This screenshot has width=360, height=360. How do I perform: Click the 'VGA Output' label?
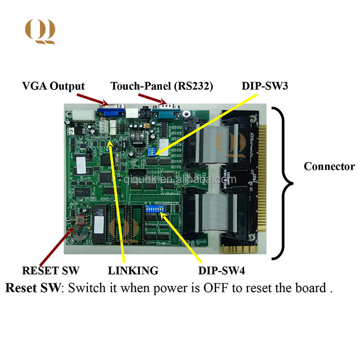53,86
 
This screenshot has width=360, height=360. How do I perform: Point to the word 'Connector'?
329,166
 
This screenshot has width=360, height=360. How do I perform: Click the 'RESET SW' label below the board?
51,270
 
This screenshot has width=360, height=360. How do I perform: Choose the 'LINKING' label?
133,270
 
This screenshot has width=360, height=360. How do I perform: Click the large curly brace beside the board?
281,184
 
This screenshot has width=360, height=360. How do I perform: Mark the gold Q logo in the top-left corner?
40,31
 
